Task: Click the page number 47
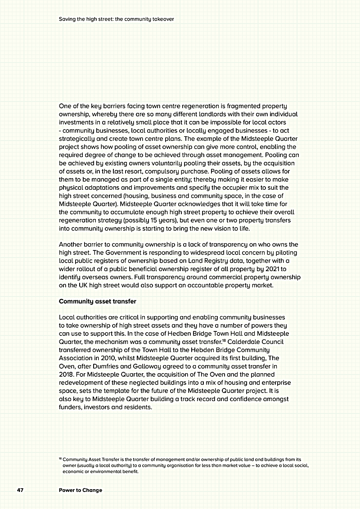pos(20,490)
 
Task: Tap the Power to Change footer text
pos(81,490)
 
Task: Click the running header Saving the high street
pos(116,19)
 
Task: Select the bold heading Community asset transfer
pos(98,301)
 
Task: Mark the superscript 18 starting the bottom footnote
pos(60,458)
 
